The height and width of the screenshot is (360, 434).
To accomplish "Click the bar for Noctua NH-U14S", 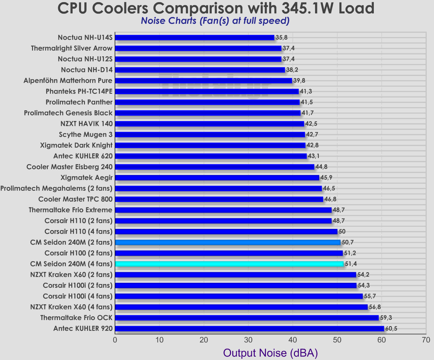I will (x=194, y=38).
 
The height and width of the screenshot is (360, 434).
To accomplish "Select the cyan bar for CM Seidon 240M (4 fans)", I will (x=229, y=264).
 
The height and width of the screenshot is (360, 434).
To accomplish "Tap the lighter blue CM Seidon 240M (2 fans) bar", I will (x=228, y=243).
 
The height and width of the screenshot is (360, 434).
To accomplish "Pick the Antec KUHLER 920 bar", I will (x=249, y=329).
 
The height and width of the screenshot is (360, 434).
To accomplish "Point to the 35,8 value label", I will (x=281, y=38).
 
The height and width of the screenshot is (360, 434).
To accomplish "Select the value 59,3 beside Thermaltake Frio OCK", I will (x=386, y=318).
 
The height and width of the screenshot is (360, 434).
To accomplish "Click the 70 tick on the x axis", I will (x=426, y=340).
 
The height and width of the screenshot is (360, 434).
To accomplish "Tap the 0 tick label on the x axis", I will (x=115, y=340).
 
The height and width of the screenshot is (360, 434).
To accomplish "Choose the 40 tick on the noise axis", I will (x=292, y=340).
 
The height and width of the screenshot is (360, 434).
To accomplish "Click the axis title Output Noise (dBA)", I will (x=270, y=353).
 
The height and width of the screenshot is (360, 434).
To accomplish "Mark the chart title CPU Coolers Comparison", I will (x=216, y=8).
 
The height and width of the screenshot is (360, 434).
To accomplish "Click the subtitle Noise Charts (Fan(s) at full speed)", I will (x=215, y=21).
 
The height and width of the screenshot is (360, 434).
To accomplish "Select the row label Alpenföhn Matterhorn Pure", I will (x=68, y=81).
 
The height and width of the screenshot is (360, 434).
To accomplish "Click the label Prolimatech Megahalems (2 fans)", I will (x=56, y=189).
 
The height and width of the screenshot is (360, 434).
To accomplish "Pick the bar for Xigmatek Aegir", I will (x=217, y=178).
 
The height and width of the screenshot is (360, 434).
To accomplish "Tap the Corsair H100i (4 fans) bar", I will (x=239, y=296).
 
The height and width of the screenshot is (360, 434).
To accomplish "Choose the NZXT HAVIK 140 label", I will (x=86, y=124).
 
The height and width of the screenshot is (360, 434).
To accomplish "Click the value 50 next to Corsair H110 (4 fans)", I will (x=342, y=232).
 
